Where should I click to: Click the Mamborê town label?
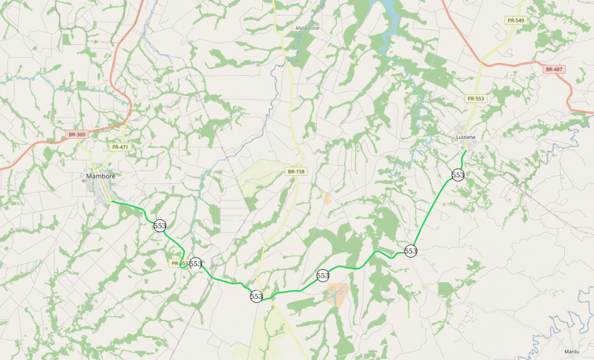point(101,176)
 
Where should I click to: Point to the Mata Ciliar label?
point(307,28)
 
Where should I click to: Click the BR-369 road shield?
point(77,134)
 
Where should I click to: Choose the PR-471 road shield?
point(120,147)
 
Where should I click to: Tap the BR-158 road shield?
point(295,171)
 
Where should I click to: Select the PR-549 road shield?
point(516,21)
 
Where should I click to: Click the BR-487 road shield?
point(554,69)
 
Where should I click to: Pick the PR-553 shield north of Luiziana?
point(475,98)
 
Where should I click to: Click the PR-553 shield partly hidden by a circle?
point(179,263)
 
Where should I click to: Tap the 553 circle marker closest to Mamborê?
point(160,226)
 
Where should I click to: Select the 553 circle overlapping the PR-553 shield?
point(195,263)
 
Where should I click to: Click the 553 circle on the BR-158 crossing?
point(256,296)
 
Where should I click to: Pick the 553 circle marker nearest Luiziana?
point(458,175)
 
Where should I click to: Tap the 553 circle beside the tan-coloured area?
point(323,276)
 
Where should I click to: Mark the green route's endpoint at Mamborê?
point(112,202)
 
